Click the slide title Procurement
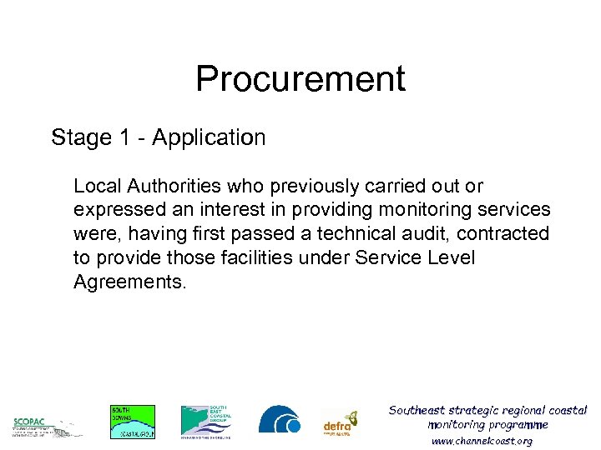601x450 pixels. pyautogui.click(x=300, y=79)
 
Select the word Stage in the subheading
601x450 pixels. pyautogui.click(x=80, y=137)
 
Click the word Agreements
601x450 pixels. pyautogui.click(x=130, y=282)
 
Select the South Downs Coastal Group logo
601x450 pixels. pyautogui.click(x=133, y=422)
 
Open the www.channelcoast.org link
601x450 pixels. pyautogui.click(x=482, y=441)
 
